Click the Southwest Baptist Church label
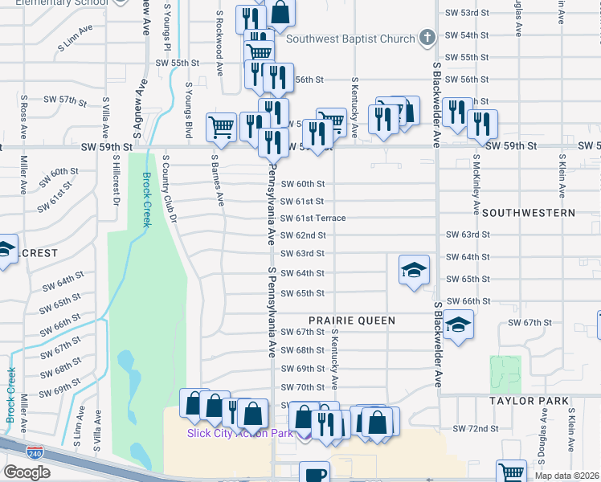(x=350, y=39)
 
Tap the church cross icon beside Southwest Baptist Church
(x=427, y=38)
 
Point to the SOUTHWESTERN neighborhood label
(x=529, y=213)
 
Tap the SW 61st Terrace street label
(x=313, y=219)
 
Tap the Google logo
(x=27, y=472)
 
